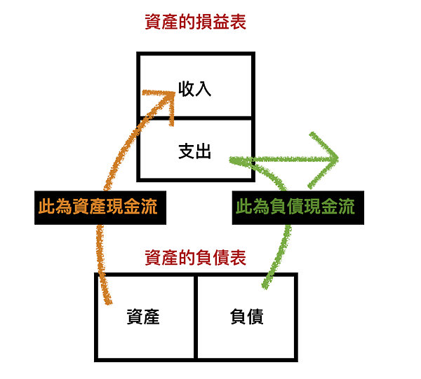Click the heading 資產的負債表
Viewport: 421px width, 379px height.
click(x=194, y=258)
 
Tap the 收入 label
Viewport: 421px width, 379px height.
click(x=194, y=89)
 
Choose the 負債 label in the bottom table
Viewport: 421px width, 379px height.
click(x=246, y=317)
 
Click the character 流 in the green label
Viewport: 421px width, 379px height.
click(x=346, y=207)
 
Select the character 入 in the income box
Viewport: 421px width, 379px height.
click(x=203, y=89)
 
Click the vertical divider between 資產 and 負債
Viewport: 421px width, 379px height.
click(x=194, y=317)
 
